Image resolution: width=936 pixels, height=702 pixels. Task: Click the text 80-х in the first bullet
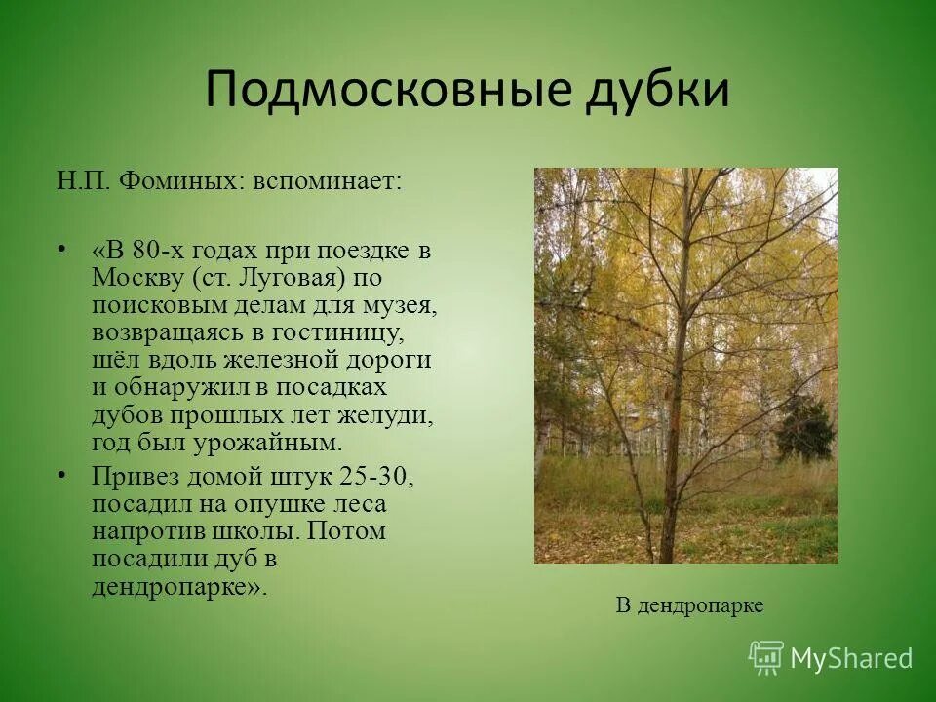click(x=156, y=250)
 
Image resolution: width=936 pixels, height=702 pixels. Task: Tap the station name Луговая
click(x=288, y=278)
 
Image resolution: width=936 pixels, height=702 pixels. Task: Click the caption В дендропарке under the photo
click(x=689, y=605)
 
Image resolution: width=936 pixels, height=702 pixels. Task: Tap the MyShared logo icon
click(x=766, y=657)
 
